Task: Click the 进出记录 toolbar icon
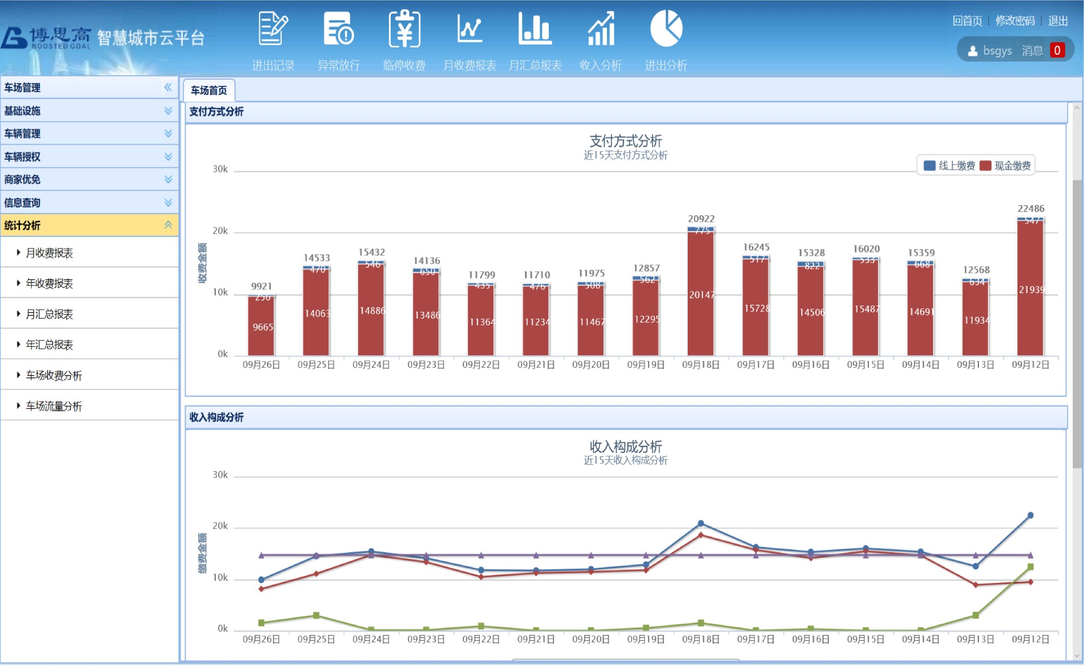tap(273, 29)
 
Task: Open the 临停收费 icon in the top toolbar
tap(404, 29)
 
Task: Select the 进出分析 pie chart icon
tap(666, 29)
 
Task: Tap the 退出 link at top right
tap(1057, 21)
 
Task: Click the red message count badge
tap(1057, 50)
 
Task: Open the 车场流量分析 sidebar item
tap(54, 406)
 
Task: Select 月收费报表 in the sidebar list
tap(50, 253)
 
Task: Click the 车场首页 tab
tap(209, 90)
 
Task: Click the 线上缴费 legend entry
tap(950, 166)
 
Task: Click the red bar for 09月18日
tap(701, 294)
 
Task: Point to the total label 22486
tap(1031, 208)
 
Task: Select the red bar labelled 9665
tap(261, 327)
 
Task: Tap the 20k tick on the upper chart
tap(220, 231)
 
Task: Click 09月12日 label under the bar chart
tap(1030, 365)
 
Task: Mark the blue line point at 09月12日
tap(1030, 515)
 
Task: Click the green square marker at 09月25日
tap(316, 615)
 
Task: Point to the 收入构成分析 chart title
tap(626, 446)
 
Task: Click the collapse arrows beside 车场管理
tap(168, 87)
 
